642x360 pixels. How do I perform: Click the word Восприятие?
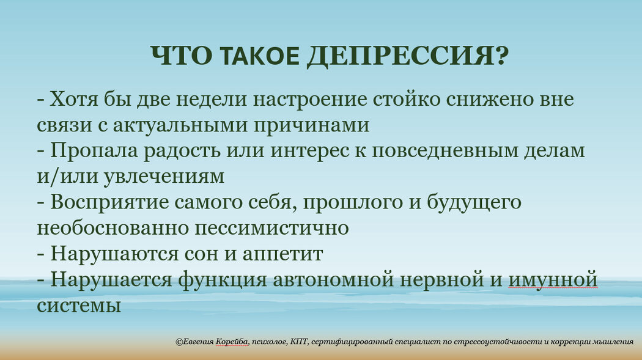(x=109, y=203)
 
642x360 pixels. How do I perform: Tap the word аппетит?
(x=282, y=254)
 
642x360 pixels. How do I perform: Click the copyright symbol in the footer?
(x=179, y=342)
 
